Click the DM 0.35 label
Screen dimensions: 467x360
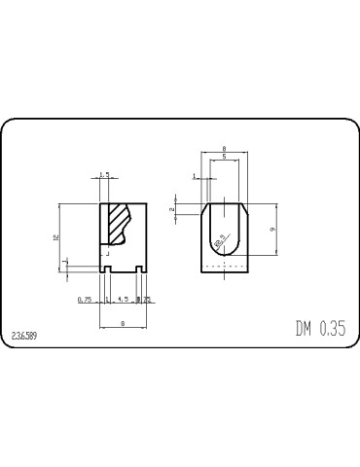pyautogui.click(x=320, y=328)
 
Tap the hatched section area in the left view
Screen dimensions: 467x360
pyautogui.click(x=117, y=224)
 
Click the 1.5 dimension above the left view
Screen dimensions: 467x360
pyautogui.click(x=104, y=176)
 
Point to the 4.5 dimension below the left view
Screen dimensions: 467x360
pyautogui.click(x=123, y=300)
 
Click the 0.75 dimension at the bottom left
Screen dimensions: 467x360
pyautogui.click(x=84, y=300)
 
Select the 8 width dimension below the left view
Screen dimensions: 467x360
pyautogui.click(x=122, y=322)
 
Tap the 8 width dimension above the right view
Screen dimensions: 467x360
pyautogui.click(x=224, y=148)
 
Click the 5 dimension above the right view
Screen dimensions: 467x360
pyautogui.click(x=224, y=157)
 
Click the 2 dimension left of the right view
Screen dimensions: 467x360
pyautogui.click(x=172, y=209)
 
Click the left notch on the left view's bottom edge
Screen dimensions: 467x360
pyautogui.click(x=105, y=269)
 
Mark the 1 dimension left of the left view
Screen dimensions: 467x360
pyautogui.click(x=65, y=262)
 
